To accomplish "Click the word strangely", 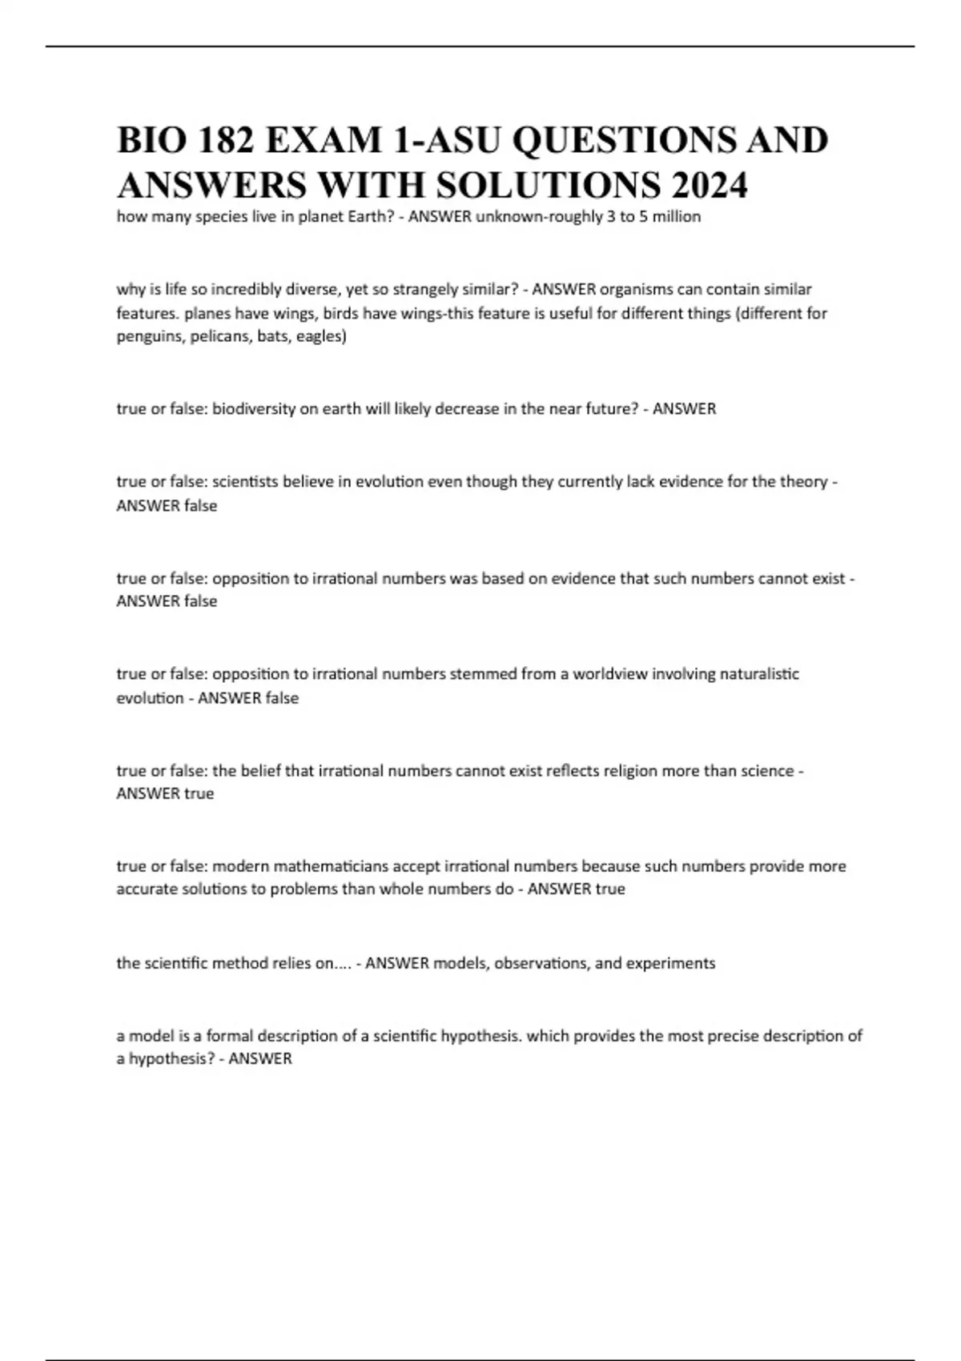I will point(427,289).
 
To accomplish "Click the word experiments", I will point(671,963).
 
